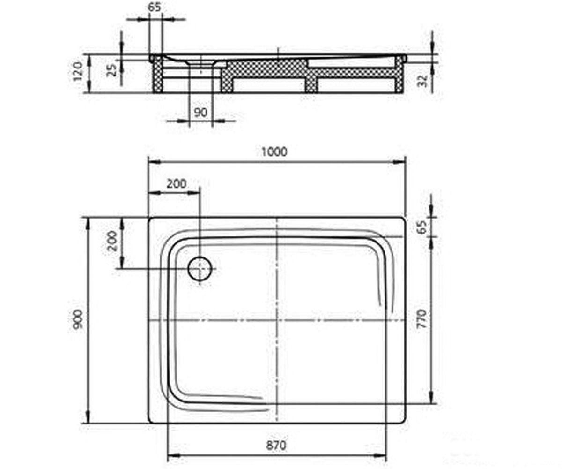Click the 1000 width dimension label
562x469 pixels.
coord(274,152)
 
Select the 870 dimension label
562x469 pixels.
coord(276,445)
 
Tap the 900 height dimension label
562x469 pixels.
coord(79,319)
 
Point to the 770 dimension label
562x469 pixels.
coord(422,319)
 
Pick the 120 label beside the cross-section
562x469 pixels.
coord(79,71)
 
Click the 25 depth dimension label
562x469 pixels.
coord(112,70)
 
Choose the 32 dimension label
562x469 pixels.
coord(423,80)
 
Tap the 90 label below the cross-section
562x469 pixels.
coord(200,112)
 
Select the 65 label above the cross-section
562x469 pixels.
coord(155,8)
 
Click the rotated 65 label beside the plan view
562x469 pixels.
coord(422,227)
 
